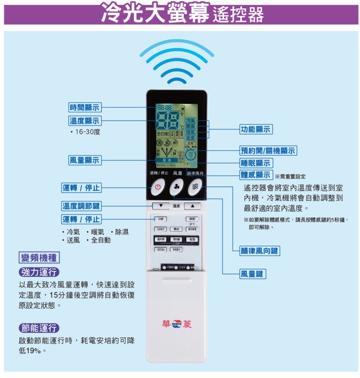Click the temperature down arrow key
coord(160,206)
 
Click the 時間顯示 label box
coord(85,107)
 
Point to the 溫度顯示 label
coord(85,121)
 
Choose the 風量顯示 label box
coord(85,160)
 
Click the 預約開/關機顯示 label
coord(268,151)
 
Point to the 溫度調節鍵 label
coord(81,206)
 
